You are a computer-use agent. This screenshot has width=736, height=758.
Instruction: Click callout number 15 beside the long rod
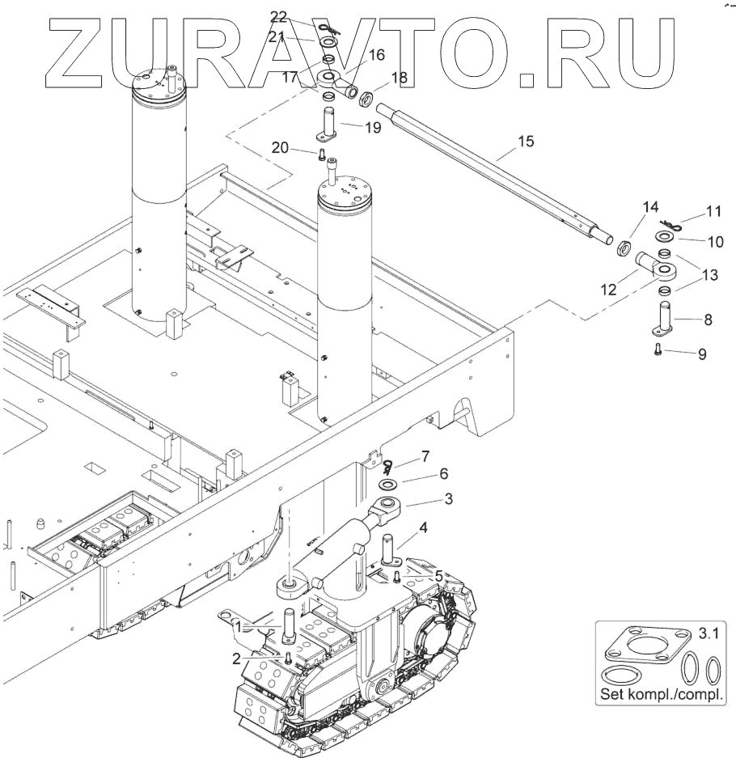(525, 142)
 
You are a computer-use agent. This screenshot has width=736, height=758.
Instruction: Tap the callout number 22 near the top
(278, 16)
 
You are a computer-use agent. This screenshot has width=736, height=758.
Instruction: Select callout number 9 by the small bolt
(701, 354)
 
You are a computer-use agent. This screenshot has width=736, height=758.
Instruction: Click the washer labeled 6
(388, 485)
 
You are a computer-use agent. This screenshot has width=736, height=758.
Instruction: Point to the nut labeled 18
(365, 99)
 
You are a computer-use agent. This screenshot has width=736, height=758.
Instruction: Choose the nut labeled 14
(624, 247)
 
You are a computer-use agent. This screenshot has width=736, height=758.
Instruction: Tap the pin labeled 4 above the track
(387, 551)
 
